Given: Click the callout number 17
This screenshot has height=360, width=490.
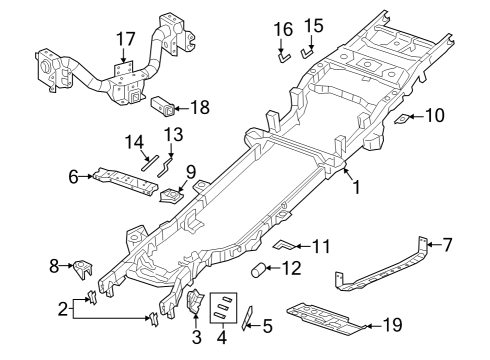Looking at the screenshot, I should tap(125, 39).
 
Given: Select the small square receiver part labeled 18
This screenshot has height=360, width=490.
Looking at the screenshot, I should tap(164, 103).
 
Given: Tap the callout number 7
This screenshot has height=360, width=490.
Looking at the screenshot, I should tap(447, 243).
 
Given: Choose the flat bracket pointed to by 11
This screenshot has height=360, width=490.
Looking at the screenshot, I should tap(284, 243).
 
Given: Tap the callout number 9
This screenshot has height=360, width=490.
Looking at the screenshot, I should tap(189, 171).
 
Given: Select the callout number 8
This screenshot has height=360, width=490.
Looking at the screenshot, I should tap(55, 266).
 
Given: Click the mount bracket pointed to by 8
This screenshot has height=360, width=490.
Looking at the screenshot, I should tap(83, 268).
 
